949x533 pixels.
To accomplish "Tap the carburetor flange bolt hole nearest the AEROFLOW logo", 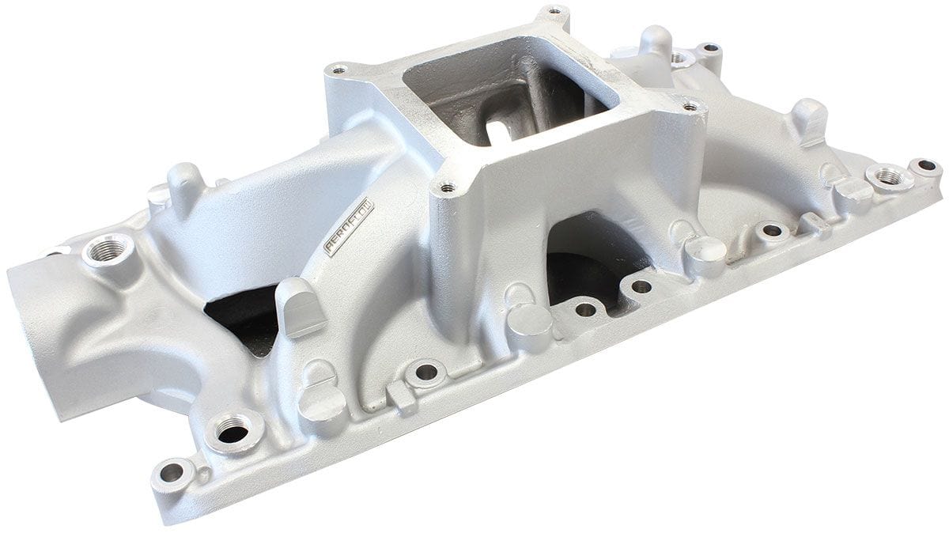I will click(x=448, y=188).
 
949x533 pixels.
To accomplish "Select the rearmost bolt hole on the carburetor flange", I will click(x=555, y=11).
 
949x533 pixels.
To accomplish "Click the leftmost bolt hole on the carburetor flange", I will click(x=339, y=70).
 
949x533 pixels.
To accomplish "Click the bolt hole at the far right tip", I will click(x=927, y=166).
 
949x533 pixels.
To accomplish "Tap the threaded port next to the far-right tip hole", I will click(x=890, y=176).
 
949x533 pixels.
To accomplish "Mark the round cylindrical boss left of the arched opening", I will click(x=531, y=324).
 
